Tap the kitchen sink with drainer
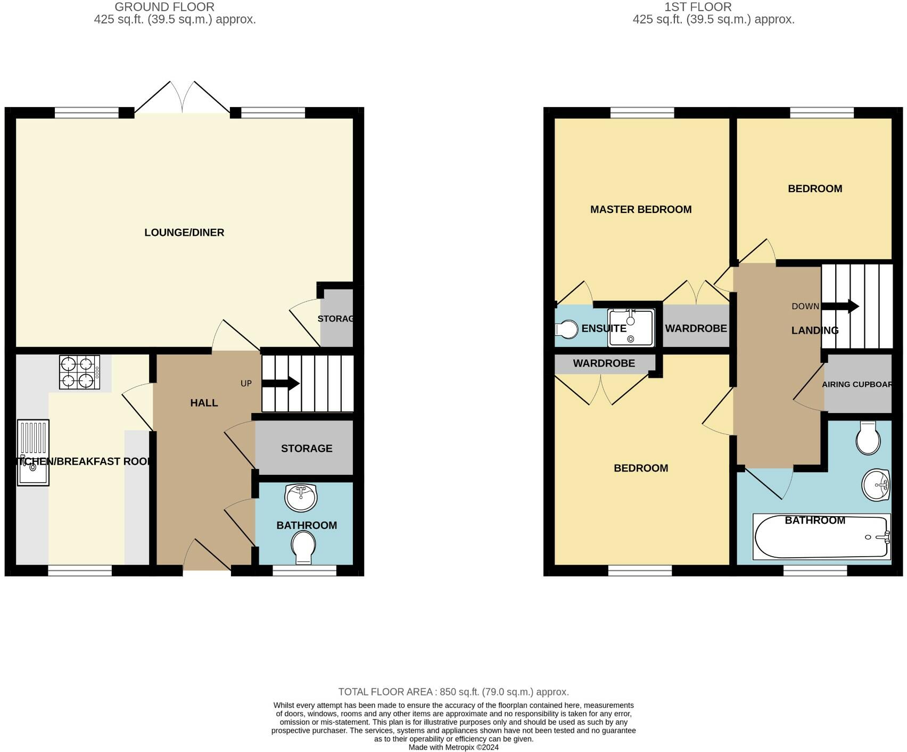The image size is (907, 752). pyautogui.click(x=33, y=452)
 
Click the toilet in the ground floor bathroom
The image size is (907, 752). pyautogui.click(x=303, y=548)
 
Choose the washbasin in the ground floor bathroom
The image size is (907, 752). pyautogui.click(x=301, y=498)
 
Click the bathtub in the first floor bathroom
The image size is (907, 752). pyautogui.click(x=821, y=537)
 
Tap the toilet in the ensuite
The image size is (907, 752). pyautogui.click(x=567, y=329)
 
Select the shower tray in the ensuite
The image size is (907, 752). pyautogui.click(x=631, y=327)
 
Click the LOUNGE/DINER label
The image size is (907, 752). pyautogui.click(x=184, y=233)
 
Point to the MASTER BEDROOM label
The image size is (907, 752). pyautogui.click(x=641, y=210)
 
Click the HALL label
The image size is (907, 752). pyautogui.click(x=204, y=403)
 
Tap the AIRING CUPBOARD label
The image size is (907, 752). pyautogui.click(x=856, y=384)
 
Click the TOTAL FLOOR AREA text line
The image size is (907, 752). pyautogui.click(x=454, y=692)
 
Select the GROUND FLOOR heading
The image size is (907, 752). pyautogui.click(x=164, y=7)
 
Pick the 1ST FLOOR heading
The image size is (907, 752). pyautogui.click(x=698, y=7)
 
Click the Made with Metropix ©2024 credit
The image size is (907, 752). pyautogui.click(x=454, y=747)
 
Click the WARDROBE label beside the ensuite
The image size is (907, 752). pyautogui.click(x=696, y=328)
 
